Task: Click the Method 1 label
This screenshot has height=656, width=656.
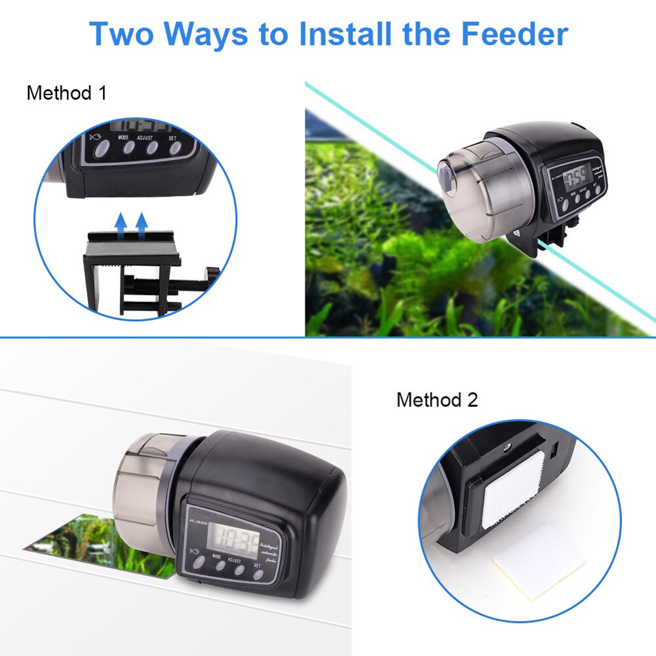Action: (66, 93)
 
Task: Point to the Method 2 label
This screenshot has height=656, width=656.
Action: (437, 399)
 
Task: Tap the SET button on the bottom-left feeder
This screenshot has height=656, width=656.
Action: (258, 575)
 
